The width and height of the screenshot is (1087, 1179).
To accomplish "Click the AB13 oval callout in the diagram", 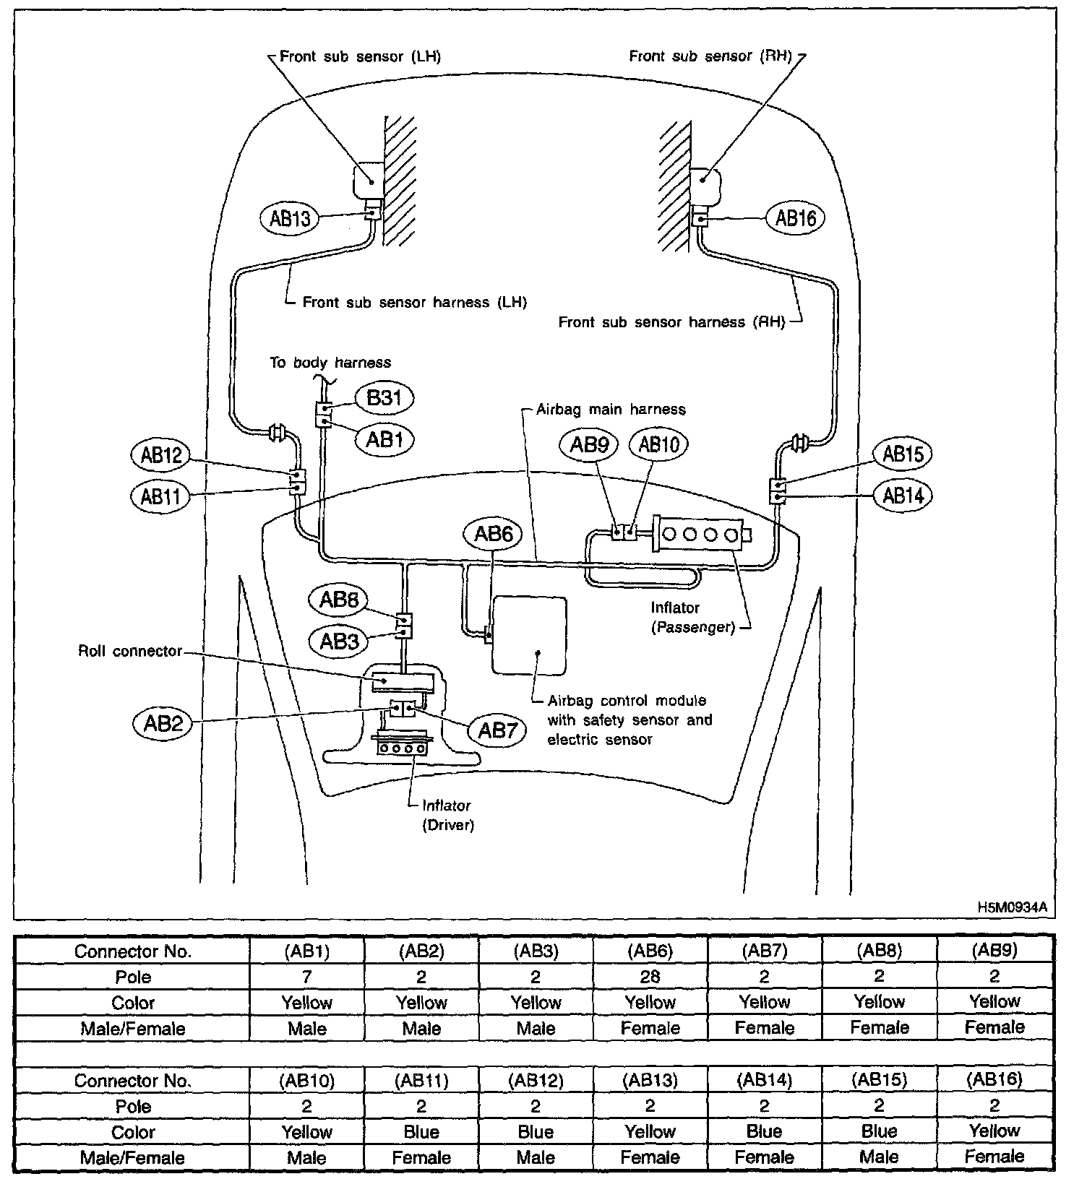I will pos(289,218).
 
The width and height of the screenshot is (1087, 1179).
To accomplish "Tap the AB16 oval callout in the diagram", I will pos(795,218).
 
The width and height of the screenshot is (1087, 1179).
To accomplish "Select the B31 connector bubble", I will pos(384,398).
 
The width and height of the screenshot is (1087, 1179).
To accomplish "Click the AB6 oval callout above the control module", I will pos(493,534).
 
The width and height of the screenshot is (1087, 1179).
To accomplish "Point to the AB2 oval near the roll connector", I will pos(163,723).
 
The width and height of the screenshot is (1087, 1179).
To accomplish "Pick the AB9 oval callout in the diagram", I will pos(589,444).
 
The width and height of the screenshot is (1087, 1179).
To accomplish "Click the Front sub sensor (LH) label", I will pos(360,56).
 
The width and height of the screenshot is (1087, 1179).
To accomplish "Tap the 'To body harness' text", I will pos(330,363).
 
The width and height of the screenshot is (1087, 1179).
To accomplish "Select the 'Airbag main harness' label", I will pos(611,410).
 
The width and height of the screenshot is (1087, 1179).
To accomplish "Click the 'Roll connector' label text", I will pos(130,651).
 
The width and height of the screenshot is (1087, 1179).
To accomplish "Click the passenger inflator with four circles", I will pos(700,535).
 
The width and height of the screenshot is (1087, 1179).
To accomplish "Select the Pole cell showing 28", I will pos(650,977).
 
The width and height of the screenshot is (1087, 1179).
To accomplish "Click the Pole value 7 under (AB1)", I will pos(307,977).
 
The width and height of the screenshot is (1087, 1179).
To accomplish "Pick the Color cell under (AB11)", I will pos(421,1132).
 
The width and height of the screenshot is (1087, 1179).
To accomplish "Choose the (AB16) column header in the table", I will pos(994,1080).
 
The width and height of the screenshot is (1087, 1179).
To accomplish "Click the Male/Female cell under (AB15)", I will pos(879,1157).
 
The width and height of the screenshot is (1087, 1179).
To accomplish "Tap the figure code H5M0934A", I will pos(1012,907).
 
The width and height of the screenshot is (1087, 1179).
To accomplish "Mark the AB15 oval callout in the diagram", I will pos(903,454).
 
